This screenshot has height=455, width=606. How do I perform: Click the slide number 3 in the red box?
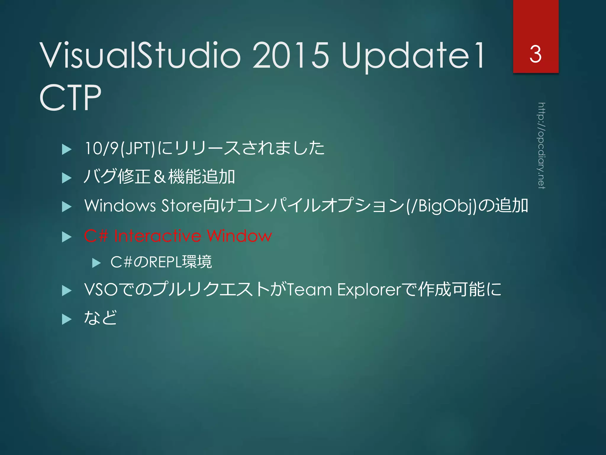click(536, 54)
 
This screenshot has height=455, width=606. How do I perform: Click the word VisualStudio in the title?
click(140, 55)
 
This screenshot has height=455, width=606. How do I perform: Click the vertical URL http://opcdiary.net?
click(541, 145)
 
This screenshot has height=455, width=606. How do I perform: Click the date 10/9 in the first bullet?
click(101, 148)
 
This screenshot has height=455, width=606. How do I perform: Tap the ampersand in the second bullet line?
click(159, 177)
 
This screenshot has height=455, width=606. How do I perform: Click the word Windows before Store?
click(120, 205)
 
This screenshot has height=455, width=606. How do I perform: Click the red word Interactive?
click(157, 236)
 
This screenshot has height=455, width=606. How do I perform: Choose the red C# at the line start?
click(96, 236)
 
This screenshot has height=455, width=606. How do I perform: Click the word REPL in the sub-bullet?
click(165, 262)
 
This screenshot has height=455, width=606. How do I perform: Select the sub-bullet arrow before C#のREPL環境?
click(96, 263)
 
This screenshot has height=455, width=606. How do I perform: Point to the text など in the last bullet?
click(100, 318)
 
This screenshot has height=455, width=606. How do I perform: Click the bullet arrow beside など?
click(67, 319)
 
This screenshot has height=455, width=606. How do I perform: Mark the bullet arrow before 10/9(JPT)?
click(67, 149)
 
